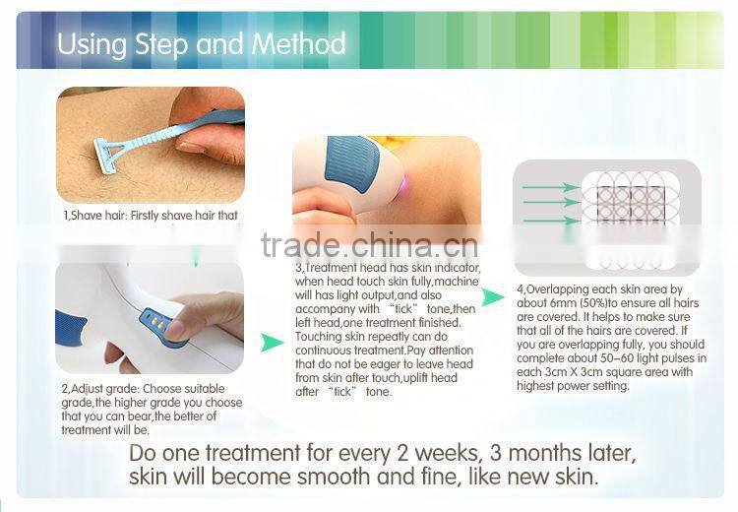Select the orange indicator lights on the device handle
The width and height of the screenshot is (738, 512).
tap(154, 320)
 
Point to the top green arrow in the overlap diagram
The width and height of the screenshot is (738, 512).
tap(552, 186)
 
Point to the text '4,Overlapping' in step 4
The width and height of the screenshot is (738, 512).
tap(555, 290)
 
